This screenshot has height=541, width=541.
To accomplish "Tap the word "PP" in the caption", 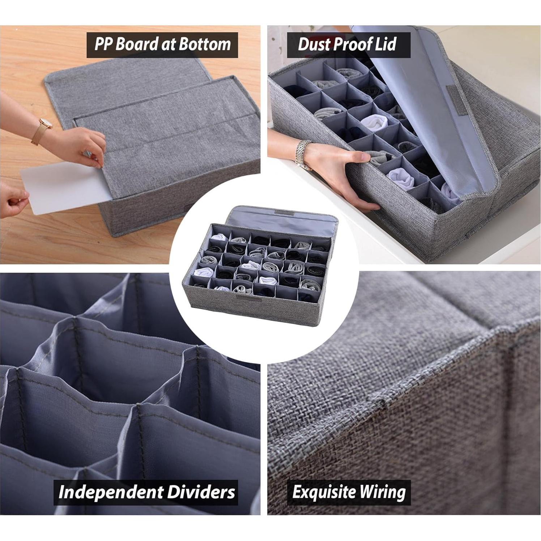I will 103,44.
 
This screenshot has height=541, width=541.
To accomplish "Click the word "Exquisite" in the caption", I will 323,492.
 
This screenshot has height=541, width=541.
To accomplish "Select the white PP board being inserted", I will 58,188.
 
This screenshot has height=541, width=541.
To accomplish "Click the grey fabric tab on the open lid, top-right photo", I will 457,97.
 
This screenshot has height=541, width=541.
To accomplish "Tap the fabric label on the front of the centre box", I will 244,298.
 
